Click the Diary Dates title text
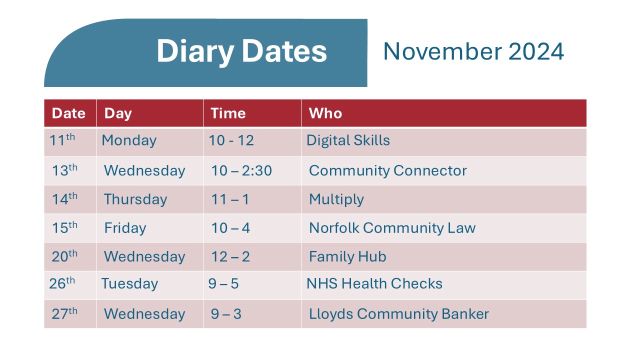(241, 51)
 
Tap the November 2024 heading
(473, 51)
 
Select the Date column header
(68, 113)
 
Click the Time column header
(228, 113)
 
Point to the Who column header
(325, 113)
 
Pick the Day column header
(117, 113)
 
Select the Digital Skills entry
(348, 140)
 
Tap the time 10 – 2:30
(241, 171)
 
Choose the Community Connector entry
(387, 171)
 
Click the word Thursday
(135, 199)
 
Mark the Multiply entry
(336, 199)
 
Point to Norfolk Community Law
(392, 228)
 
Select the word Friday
(125, 228)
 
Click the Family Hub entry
(347, 257)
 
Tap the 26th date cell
(62, 283)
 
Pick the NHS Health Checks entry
(374, 284)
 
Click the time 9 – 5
(223, 284)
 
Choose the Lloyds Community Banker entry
(398, 314)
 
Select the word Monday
(129, 140)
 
